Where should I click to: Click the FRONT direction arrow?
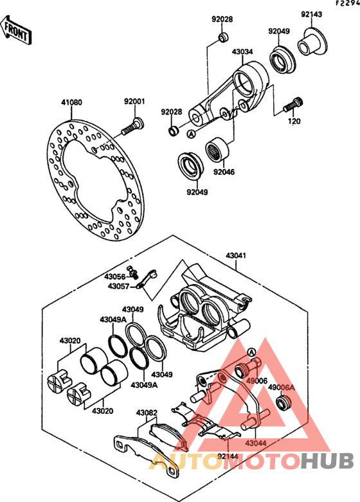pos(16,30)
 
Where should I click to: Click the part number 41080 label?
pos(72,102)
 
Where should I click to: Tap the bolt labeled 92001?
pos(132,127)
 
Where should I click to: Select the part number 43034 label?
pos(242,51)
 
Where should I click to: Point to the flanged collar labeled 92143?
pos(312,42)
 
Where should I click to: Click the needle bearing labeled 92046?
pos(217,149)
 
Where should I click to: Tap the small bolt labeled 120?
pos(293,104)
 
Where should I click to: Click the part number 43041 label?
pos(236,256)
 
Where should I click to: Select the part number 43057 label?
pos(118,286)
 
